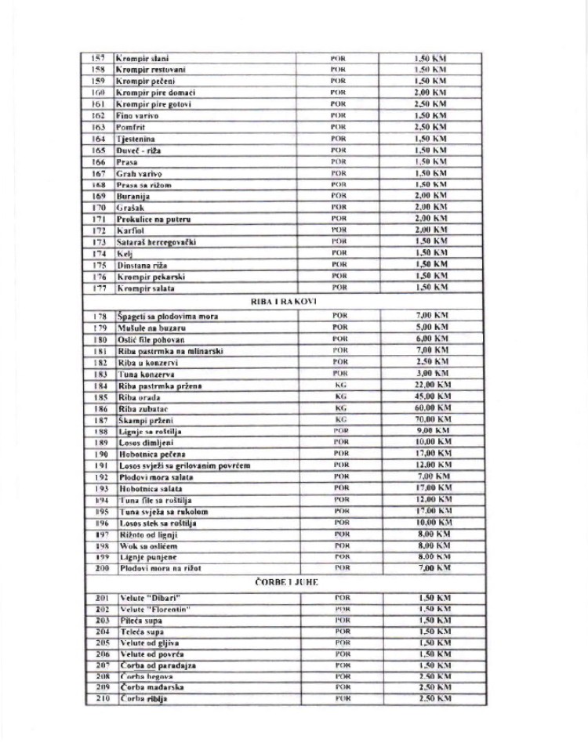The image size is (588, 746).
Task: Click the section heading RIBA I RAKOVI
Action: click(x=270, y=301)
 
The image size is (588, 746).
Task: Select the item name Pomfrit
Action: click(x=131, y=127)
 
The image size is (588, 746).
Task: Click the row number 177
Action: click(x=99, y=288)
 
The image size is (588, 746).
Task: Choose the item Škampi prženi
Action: click(x=146, y=420)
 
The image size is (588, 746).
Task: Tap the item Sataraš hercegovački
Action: click(x=156, y=242)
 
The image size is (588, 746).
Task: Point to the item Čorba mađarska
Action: click(x=153, y=686)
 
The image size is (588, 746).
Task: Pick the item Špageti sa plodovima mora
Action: click(x=168, y=316)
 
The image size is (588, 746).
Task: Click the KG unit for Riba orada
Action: click(x=340, y=397)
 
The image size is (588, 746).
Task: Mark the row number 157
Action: click(x=99, y=58)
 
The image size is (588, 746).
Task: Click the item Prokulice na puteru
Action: click(x=154, y=219)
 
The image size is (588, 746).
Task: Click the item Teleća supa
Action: click(x=141, y=631)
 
